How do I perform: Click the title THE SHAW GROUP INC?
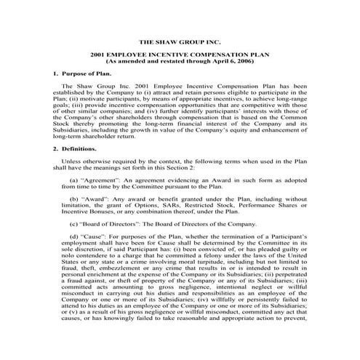180,43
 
